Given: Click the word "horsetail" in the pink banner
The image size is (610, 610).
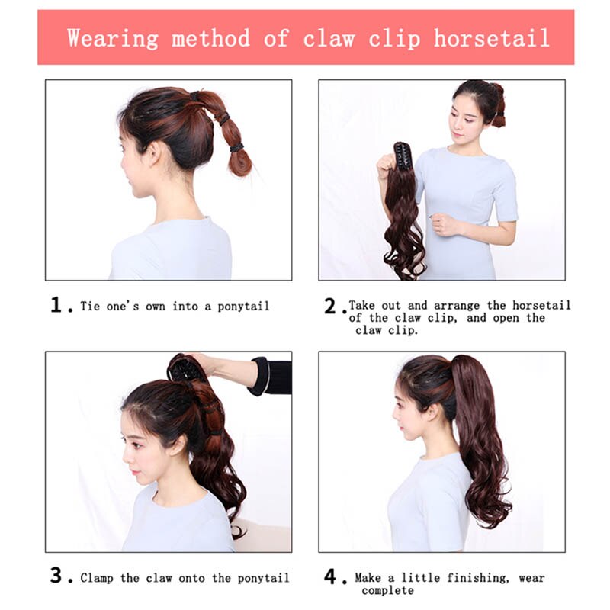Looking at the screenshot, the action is tap(491, 38).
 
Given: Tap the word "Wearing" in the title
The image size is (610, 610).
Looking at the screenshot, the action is tap(113, 39).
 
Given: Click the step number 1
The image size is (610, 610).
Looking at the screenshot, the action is tap(56, 304).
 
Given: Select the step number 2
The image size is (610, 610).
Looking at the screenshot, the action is tap(330, 306).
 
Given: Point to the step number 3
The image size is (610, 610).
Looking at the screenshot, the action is tap(56, 576).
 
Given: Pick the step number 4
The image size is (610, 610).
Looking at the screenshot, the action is tap(330, 576).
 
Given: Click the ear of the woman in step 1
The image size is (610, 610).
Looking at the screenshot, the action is tap(155, 153).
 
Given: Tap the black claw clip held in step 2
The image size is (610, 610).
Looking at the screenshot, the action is tap(403, 155).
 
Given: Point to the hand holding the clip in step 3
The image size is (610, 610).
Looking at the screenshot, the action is tap(203, 363).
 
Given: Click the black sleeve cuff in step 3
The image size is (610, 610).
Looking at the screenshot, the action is tap(259, 376).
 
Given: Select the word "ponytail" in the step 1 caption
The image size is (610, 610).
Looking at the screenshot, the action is tap(243, 307).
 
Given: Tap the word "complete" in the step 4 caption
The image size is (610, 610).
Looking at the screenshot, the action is tap(387, 590).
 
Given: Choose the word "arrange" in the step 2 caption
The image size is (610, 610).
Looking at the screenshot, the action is tap(457, 306).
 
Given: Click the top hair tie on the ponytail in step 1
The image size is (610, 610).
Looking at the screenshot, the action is tap(194, 96).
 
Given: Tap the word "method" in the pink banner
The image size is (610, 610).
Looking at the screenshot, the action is tap(210, 38).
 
